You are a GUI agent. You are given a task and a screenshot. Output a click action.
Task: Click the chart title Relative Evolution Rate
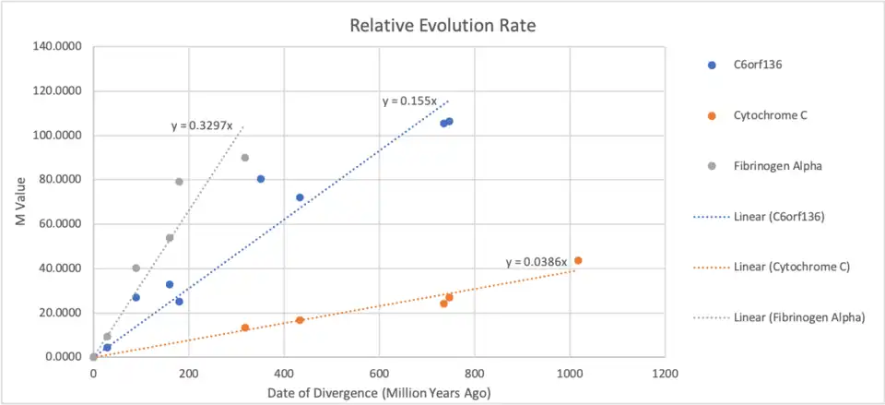click(x=442, y=25)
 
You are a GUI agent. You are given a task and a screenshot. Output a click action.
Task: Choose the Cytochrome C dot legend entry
click(x=767, y=115)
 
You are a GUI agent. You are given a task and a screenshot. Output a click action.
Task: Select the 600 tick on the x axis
click(x=379, y=374)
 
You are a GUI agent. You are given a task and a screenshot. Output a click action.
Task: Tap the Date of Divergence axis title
click(x=378, y=393)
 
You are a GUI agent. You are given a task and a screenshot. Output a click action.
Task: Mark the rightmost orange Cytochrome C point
click(x=578, y=260)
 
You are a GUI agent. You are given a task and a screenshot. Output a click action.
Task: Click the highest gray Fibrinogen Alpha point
click(x=245, y=158)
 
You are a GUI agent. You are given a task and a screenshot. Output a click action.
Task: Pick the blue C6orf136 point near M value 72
click(x=300, y=197)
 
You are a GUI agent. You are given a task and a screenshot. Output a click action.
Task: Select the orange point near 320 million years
click(x=245, y=328)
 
